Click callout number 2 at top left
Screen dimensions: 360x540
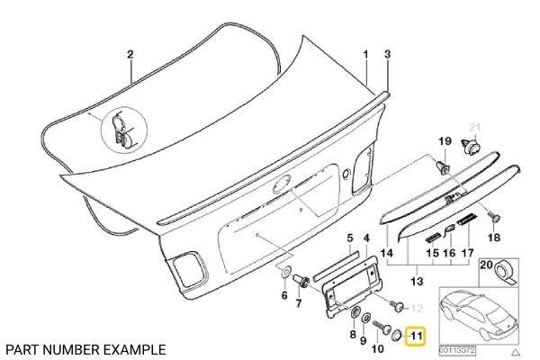(130, 54)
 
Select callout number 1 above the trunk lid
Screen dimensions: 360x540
(365, 54)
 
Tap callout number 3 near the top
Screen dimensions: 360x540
(388, 54)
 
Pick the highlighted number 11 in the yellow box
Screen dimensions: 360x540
(416, 337)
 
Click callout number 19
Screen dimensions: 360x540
(442, 141)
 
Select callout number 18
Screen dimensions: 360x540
(492, 238)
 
